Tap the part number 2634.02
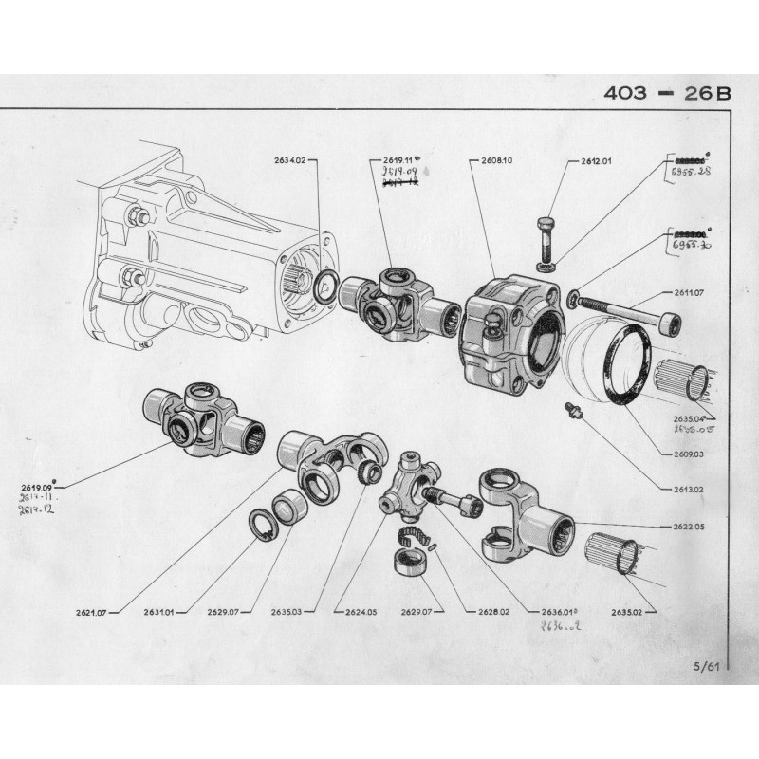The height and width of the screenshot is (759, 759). (290, 161)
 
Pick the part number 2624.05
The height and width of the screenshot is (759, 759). (361, 612)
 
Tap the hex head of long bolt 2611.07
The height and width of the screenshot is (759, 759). (670, 323)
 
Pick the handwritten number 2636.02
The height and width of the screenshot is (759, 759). (559, 628)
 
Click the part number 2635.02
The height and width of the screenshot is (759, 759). (628, 612)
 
